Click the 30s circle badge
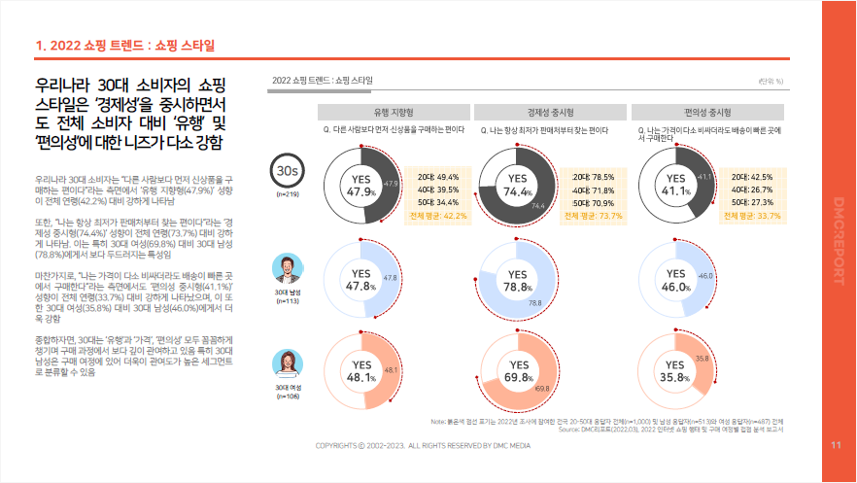coord(287,172)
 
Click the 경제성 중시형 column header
coord(549,111)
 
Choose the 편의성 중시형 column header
coord(706,111)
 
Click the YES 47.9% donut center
coord(361,185)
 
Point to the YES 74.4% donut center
coord(517,185)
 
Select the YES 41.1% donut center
coord(675,185)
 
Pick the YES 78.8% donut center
coord(517,281)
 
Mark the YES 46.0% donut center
coord(675,281)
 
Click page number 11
coord(836,446)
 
